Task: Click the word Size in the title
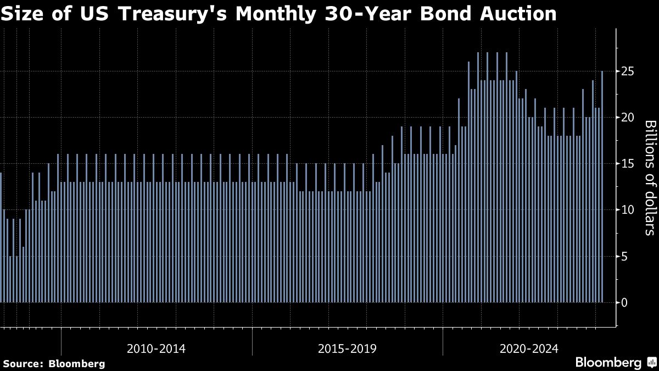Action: pos(25,13)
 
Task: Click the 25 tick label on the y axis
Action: pos(628,71)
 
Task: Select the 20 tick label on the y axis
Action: pos(628,118)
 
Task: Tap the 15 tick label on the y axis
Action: pos(628,164)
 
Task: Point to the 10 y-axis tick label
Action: pos(628,210)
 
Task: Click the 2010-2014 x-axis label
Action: pos(156,348)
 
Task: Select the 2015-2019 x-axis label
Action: pos(347,348)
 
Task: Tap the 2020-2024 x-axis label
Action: pos(529,348)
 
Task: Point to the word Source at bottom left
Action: pos(23,363)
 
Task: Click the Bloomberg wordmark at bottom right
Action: pos(608,362)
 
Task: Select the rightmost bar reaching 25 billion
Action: pos(602,187)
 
